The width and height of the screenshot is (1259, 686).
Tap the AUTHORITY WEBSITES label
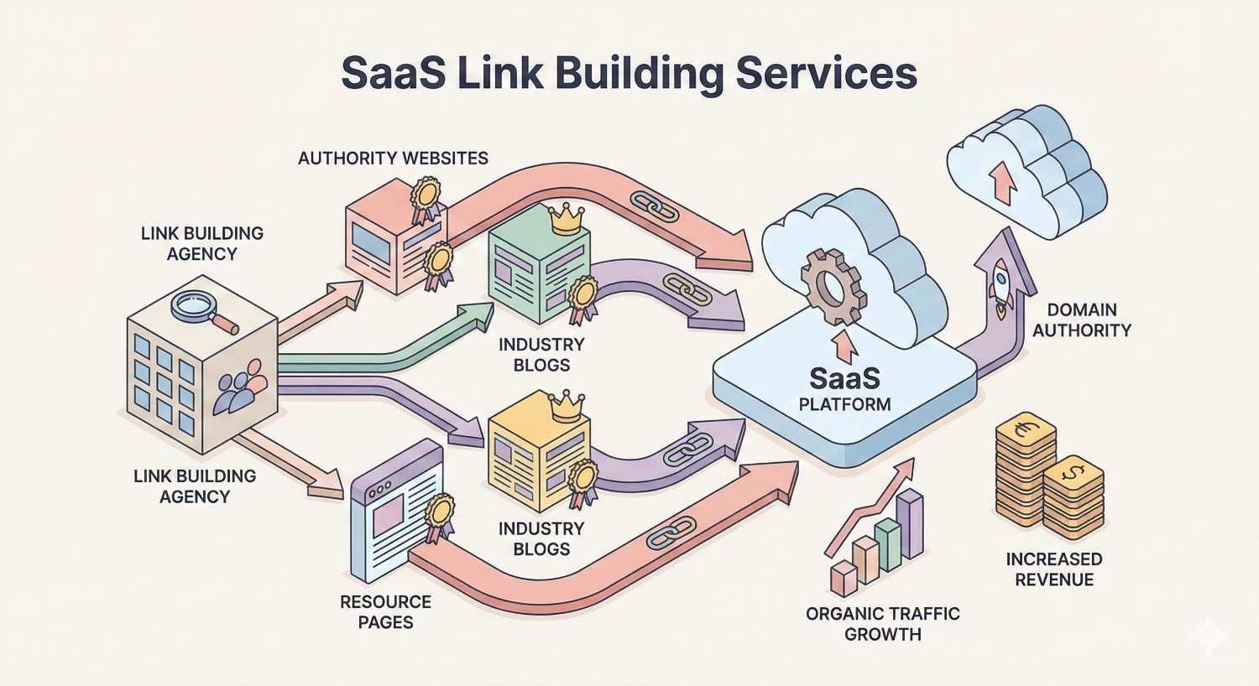(393, 158)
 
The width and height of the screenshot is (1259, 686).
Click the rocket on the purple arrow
(1000, 282)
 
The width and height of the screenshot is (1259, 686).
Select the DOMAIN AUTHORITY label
(1081, 320)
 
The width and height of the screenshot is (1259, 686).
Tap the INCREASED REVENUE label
(1054, 569)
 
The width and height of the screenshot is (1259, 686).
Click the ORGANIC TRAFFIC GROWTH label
(882, 624)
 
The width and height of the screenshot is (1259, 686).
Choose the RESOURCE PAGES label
(385, 612)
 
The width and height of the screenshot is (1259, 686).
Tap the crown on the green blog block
(564, 221)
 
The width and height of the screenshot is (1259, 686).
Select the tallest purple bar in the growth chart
(909, 525)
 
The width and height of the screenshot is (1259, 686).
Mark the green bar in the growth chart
(887, 543)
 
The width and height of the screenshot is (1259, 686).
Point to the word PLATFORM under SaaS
(844, 404)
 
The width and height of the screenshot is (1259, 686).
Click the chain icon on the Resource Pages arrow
(671, 533)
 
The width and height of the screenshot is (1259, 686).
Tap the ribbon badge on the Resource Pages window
(438, 515)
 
